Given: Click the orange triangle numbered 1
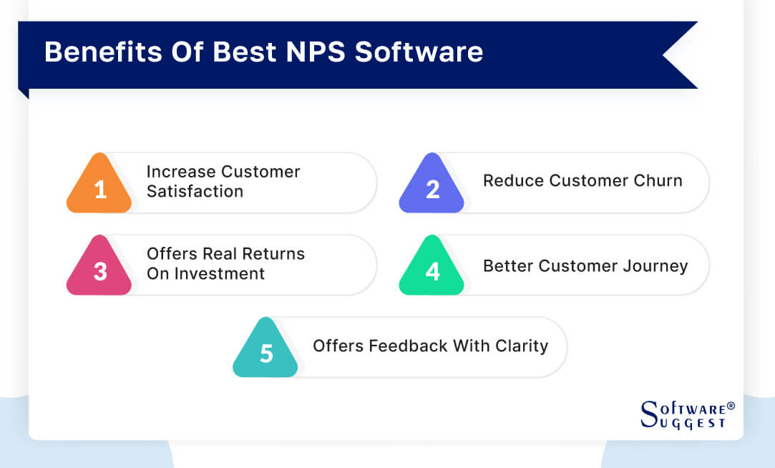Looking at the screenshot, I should click(99, 187).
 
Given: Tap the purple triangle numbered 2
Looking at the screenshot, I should click(432, 187).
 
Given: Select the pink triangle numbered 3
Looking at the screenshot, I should click(99, 270).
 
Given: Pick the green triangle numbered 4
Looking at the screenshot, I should click(432, 270).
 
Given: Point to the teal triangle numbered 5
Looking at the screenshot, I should click(265, 351).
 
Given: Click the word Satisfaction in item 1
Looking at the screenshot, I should click(195, 192).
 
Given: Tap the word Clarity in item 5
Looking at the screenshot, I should click(522, 346).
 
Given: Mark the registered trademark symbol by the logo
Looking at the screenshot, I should click(731, 406).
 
